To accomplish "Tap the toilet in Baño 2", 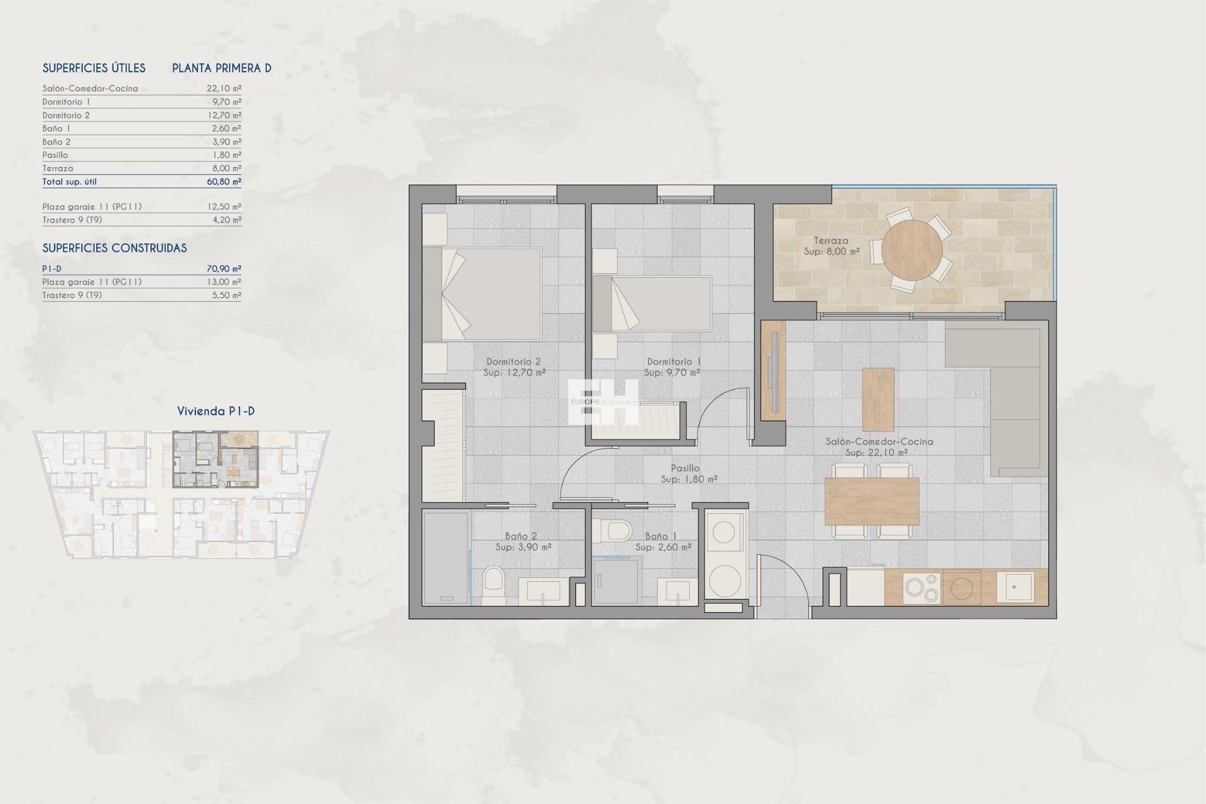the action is coord(494,585).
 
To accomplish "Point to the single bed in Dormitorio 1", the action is coord(652,304).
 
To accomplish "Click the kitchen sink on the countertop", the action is coord(1014,587).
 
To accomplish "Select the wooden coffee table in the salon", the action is coord(878,399).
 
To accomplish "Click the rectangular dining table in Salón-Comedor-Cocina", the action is coord(872,501).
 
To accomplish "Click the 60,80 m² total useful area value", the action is coord(224,182).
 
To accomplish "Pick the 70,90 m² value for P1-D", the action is coord(224,269).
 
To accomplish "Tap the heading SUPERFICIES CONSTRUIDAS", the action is coord(114,248).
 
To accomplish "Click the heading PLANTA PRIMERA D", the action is coord(222,68).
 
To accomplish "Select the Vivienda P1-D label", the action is coord(215,411).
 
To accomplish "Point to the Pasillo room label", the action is coord(685,468).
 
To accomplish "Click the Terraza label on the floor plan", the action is coord(830,241).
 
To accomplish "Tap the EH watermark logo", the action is coord(603,401).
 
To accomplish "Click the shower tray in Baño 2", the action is coord(446,558).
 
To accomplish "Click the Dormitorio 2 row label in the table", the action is coord(66,116).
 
